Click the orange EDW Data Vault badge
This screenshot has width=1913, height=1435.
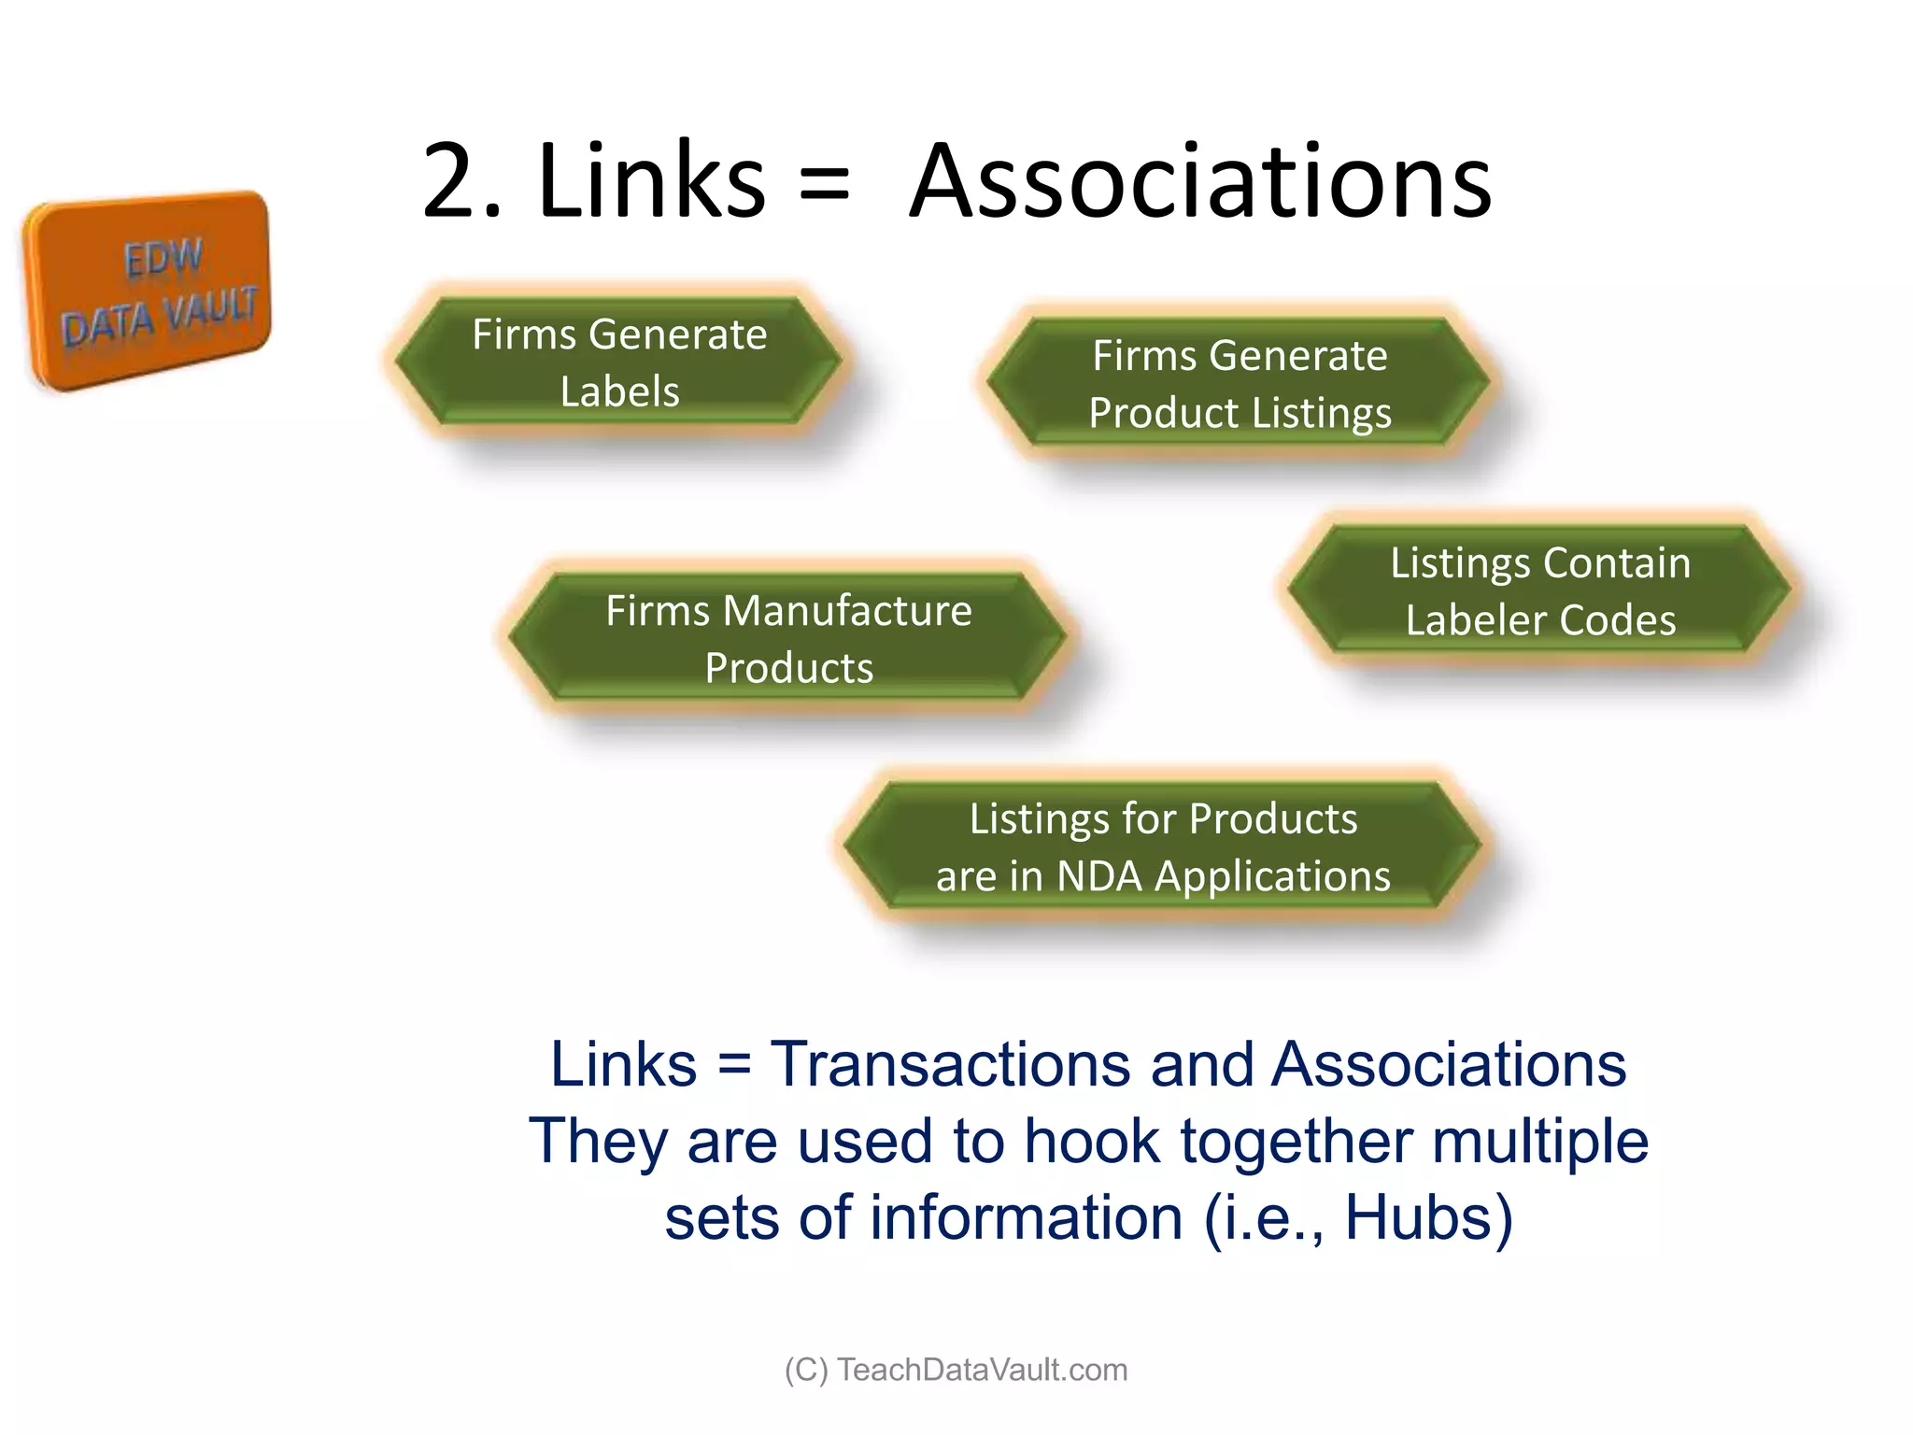pos(148,291)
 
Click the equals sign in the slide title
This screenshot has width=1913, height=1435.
pos(824,182)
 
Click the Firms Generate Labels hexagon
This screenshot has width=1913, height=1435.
pos(618,362)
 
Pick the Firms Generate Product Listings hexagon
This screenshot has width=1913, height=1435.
pos(1239,383)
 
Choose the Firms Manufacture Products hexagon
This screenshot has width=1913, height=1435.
pos(787,638)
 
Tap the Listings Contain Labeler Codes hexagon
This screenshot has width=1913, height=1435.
pos(1539,590)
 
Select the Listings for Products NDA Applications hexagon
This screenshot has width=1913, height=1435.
pos(1162,846)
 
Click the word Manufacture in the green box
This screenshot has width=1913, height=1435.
pos(847,611)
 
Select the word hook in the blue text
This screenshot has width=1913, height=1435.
pos(1091,1142)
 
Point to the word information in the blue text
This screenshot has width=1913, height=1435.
pos(1026,1218)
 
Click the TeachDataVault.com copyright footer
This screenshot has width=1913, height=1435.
pos(956,1370)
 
